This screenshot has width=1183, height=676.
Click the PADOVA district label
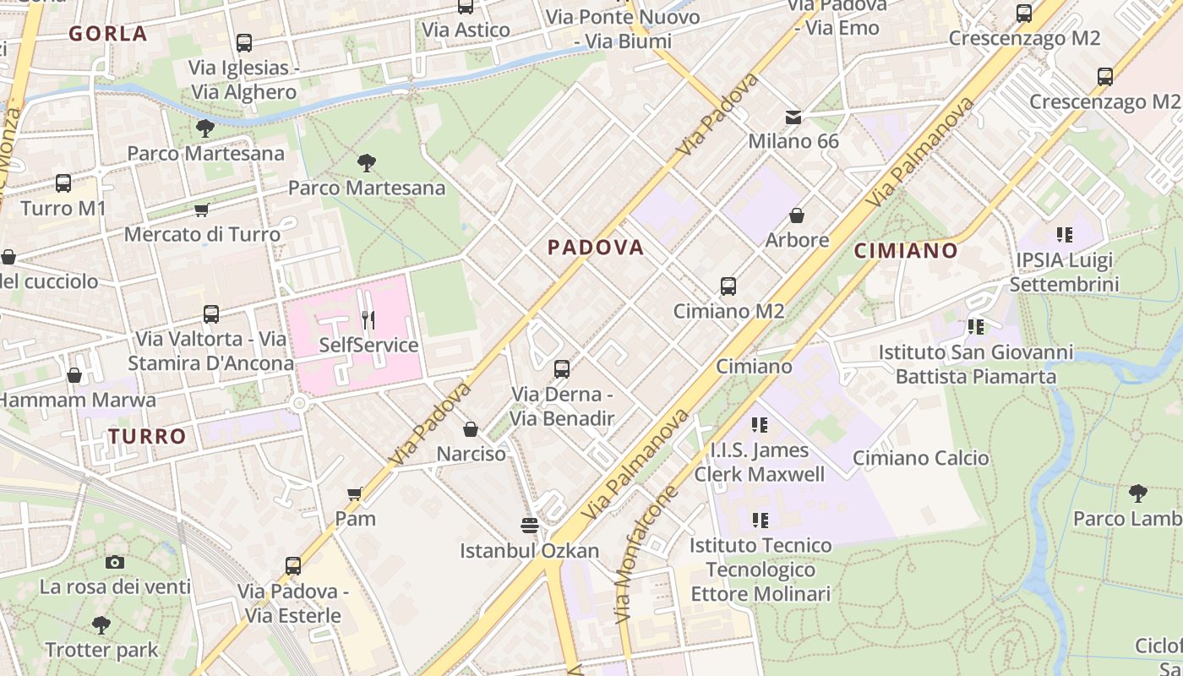point(596,248)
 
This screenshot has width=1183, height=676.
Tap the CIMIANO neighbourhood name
point(906,251)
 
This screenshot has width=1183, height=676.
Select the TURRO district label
point(147,437)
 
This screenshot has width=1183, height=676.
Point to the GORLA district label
point(108,35)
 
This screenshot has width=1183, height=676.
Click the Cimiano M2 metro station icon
point(728,286)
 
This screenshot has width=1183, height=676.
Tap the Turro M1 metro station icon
point(63,183)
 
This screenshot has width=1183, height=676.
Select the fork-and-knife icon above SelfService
point(368,320)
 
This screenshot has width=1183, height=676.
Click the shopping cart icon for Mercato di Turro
point(201,210)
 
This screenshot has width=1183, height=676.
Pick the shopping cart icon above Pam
point(355,493)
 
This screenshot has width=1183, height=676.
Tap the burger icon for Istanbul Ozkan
point(530,526)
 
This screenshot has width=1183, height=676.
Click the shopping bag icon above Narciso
point(471,429)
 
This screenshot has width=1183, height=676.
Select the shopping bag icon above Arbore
point(796,215)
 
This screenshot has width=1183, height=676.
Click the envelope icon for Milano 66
point(793,117)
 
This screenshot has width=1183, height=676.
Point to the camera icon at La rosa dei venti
point(115,562)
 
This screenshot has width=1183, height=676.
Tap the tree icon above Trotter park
point(101,625)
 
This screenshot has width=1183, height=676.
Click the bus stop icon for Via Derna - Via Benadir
point(562,369)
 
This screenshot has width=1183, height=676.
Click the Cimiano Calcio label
point(920,458)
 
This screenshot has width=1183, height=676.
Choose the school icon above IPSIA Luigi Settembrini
point(1064,235)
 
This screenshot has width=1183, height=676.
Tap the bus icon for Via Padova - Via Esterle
point(293,566)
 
